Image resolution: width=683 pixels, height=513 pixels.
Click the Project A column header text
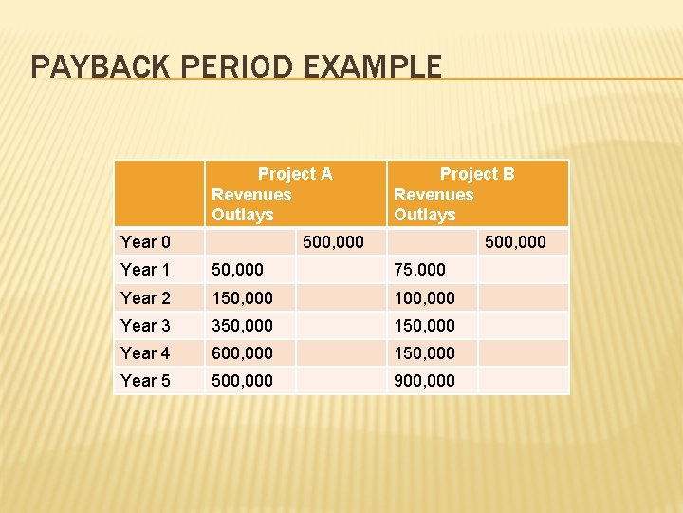[x=295, y=174]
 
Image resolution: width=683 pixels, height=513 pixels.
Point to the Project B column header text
[x=477, y=174]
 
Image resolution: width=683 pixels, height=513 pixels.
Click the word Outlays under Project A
[x=242, y=215]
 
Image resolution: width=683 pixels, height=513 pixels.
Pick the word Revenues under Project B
[x=434, y=195]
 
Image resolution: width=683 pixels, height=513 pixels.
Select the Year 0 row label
[x=146, y=242]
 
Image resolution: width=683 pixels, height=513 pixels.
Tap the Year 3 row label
[x=146, y=326]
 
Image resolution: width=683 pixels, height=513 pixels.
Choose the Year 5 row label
[x=146, y=381]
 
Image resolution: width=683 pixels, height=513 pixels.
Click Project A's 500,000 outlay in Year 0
[x=332, y=242]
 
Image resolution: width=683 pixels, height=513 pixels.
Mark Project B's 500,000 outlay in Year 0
[x=515, y=242]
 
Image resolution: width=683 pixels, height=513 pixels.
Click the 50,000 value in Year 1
[x=237, y=270]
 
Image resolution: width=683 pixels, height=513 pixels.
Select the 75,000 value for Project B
[x=419, y=270]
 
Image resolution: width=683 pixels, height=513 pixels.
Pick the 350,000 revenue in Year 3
[x=242, y=326]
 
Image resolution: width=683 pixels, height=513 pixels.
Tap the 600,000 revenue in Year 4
[x=242, y=353]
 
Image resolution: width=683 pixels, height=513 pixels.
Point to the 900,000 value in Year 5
[x=424, y=381]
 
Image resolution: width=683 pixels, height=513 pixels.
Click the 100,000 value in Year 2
[x=424, y=298]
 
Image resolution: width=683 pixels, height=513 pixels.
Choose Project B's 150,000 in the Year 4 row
[x=424, y=353]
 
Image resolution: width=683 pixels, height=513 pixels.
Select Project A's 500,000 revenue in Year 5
[x=242, y=381]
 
